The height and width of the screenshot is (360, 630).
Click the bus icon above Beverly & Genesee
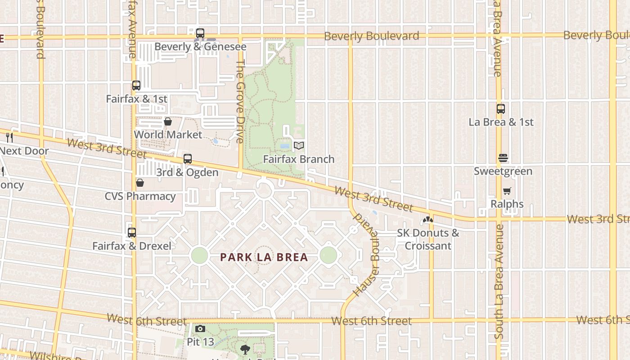pos(200,33)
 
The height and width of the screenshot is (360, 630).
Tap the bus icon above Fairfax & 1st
pos(136,85)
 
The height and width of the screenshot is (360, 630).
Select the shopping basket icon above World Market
pos(168,121)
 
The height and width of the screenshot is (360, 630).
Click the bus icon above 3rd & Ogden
pos(188,159)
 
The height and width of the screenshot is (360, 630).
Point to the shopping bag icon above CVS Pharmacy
pos(140,183)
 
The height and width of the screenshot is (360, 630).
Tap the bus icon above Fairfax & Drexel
pos(131,233)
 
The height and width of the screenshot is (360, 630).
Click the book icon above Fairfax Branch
pos(299,145)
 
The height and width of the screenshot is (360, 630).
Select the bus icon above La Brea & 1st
pos(501,108)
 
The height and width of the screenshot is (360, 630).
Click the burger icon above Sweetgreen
pos(503,158)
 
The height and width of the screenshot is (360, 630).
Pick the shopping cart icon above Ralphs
pos(507,191)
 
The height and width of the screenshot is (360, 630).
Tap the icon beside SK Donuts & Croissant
pos(427,220)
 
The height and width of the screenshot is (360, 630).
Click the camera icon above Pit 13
pos(200,329)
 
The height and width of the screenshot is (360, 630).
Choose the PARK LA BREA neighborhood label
pos(264,257)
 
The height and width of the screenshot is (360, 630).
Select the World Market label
pos(168,135)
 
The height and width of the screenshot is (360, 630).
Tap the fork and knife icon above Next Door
pos(9,137)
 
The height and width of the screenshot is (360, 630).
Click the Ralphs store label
pos(507,204)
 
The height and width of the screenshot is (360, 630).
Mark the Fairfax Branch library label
pos(299,159)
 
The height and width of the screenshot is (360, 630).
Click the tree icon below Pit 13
pos(245,349)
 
